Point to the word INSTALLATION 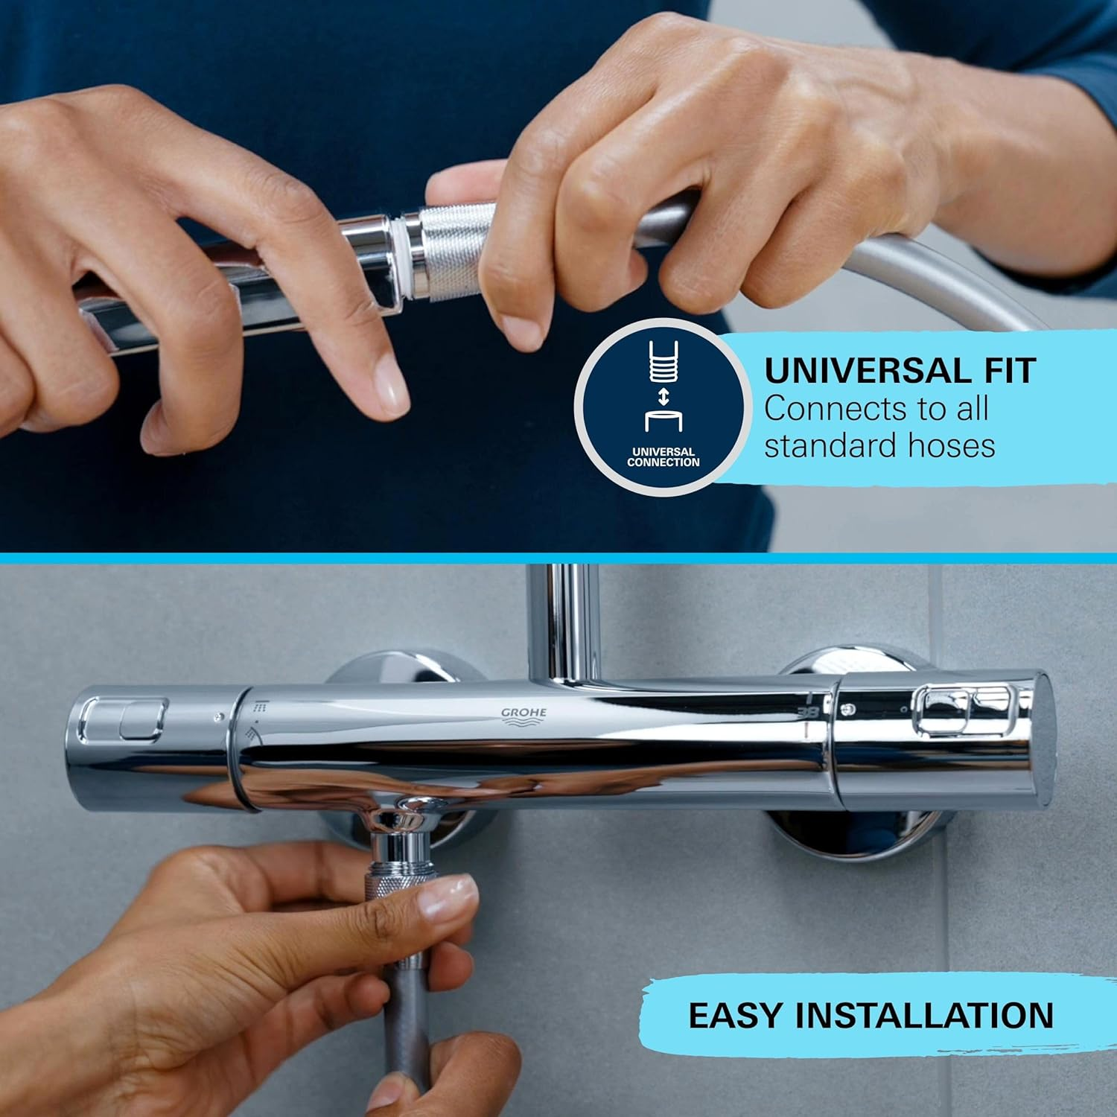(x=924, y=1016)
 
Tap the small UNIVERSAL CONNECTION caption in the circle (x=663, y=456)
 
